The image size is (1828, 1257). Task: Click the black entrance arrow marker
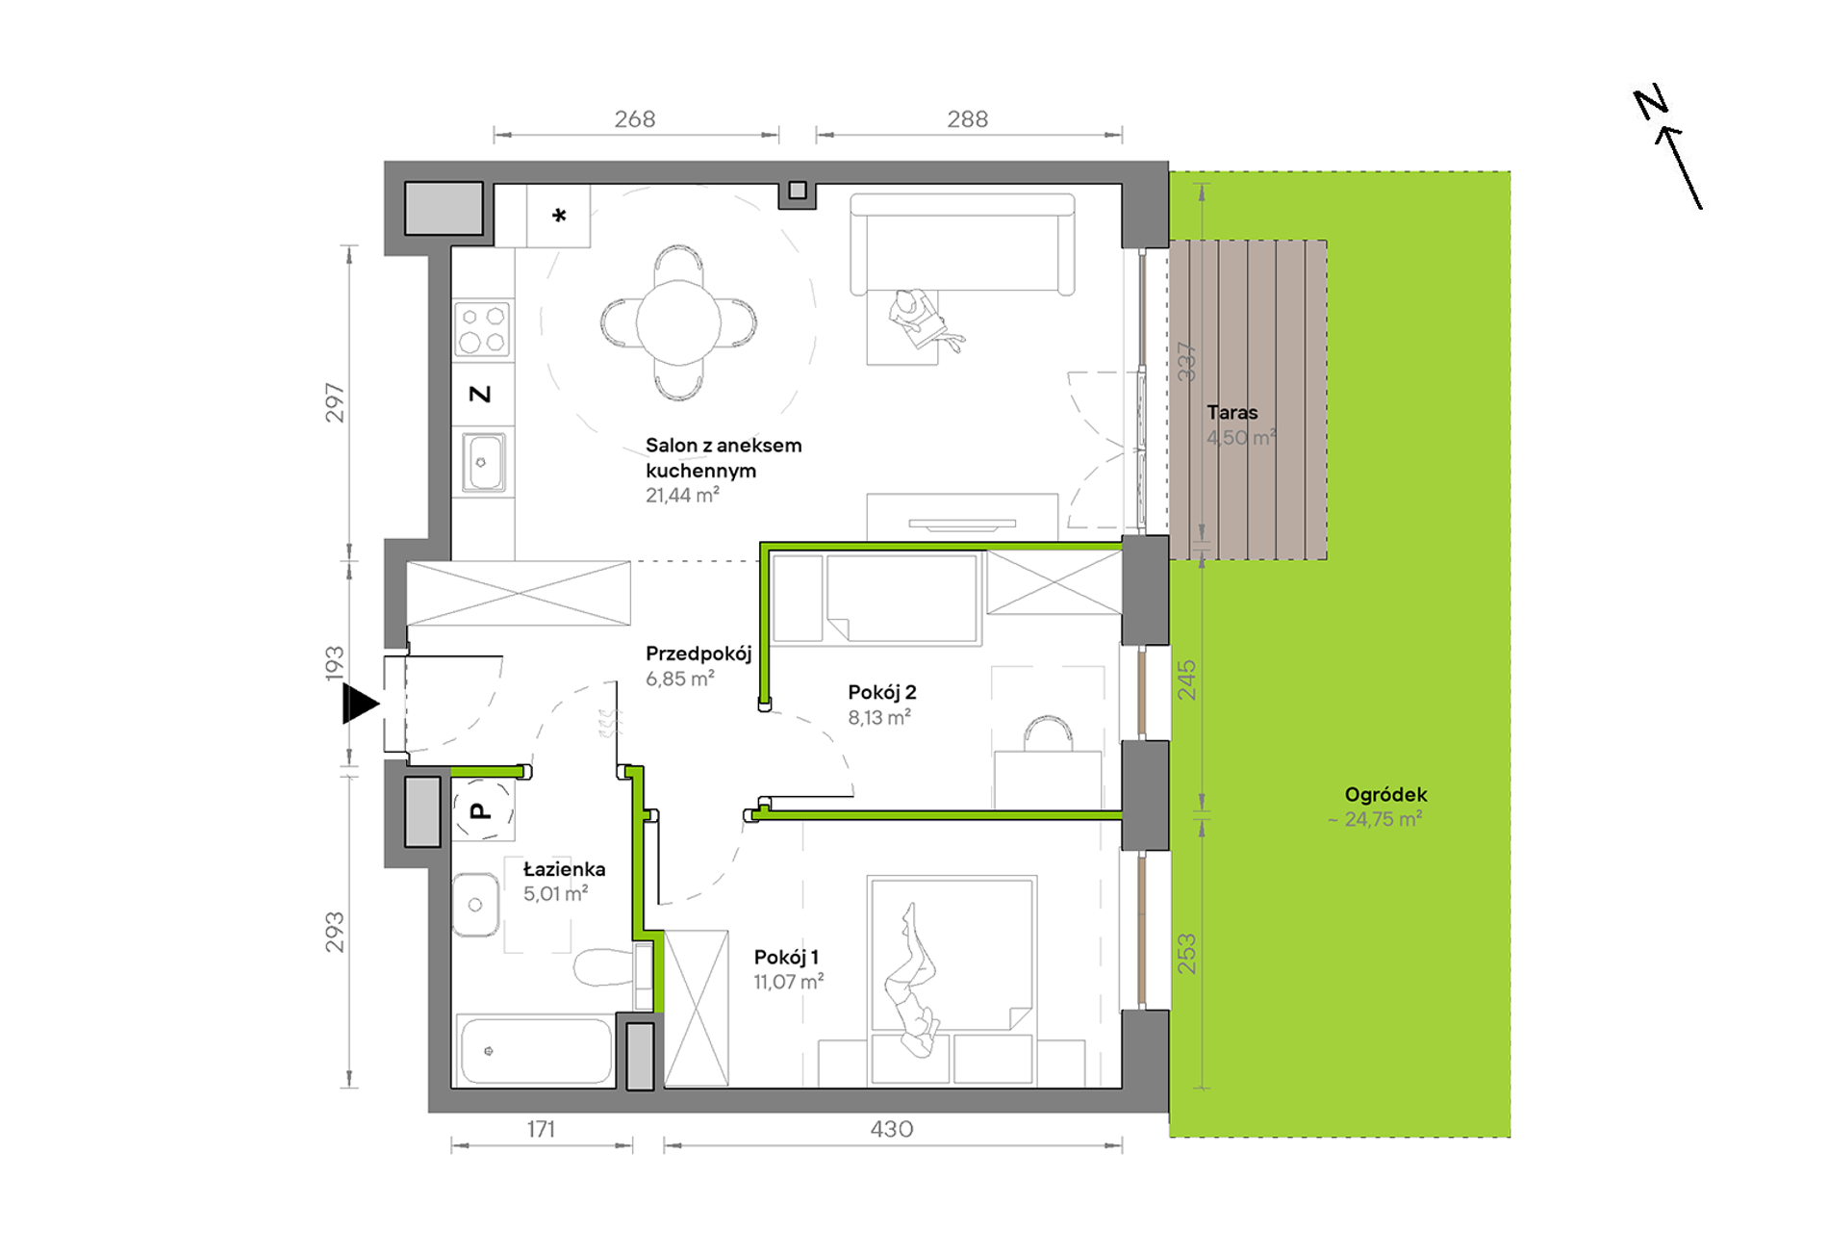click(x=360, y=704)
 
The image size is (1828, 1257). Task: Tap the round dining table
click(x=678, y=322)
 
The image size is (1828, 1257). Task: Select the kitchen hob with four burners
click(x=482, y=329)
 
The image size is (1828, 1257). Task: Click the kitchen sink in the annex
click(x=483, y=463)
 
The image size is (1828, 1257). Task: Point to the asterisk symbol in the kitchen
click(x=559, y=216)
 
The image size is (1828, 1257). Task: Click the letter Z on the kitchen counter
click(x=480, y=394)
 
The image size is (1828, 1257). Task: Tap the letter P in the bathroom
click(x=480, y=811)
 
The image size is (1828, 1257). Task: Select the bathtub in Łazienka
click(x=534, y=1050)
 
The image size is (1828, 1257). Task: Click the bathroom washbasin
click(x=475, y=905)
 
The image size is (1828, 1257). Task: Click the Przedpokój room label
click(x=698, y=654)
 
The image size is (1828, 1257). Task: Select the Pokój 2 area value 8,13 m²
click(x=879, y=717)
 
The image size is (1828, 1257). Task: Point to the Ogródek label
click(x=1385, y=795)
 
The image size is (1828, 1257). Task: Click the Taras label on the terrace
click(x=1232, y=412)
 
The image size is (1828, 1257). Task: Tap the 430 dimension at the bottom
click(x=892, y=1129)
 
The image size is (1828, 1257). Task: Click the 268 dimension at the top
click(x=635, y=119)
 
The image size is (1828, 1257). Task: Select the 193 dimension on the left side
click(x=334, y=664)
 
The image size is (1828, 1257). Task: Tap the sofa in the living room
click(x=962, y=244)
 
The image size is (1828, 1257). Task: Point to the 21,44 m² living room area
click(x=682, y=496)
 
